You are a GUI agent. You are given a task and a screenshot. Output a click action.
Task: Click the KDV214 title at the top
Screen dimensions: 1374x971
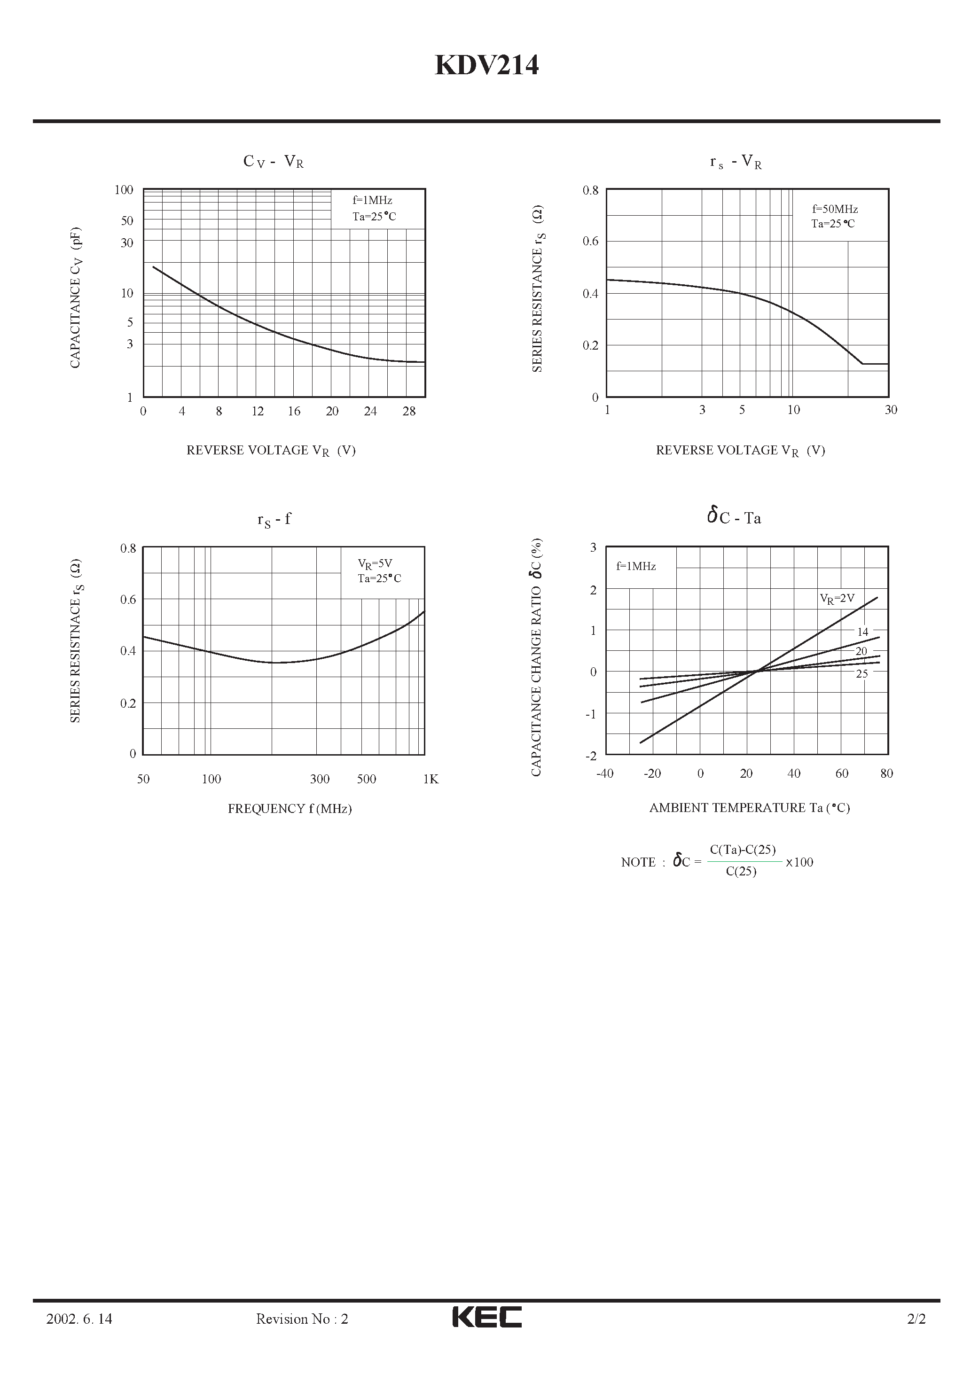tap(486, 66)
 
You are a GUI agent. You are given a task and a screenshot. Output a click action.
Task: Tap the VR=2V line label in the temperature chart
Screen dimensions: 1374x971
tap(837, 598)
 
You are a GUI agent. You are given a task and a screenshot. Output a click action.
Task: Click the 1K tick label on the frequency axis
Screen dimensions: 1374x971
tap(431, 779)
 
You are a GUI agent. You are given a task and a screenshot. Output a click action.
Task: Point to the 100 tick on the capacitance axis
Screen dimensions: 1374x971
tap(124, 190)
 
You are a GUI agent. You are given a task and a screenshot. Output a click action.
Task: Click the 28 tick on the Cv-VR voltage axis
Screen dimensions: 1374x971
tap(409, 411)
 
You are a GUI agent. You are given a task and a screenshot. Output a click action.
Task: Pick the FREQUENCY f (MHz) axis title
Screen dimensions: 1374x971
tap(290, 809)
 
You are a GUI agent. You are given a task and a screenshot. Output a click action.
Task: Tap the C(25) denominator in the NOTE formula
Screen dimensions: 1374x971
tap(741, 871)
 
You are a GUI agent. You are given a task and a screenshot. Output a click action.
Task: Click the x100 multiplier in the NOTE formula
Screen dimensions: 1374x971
tap(799, 862)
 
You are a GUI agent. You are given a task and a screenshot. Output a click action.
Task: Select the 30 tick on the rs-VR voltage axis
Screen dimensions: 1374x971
tap(891, 410)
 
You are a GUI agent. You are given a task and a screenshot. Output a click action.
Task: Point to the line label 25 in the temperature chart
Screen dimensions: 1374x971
tap(861, 674)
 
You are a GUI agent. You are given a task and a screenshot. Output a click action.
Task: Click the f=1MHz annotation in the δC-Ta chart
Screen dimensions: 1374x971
tap(636, 566)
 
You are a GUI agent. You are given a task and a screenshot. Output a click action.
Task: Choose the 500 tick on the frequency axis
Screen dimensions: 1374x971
tap(367, 779)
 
